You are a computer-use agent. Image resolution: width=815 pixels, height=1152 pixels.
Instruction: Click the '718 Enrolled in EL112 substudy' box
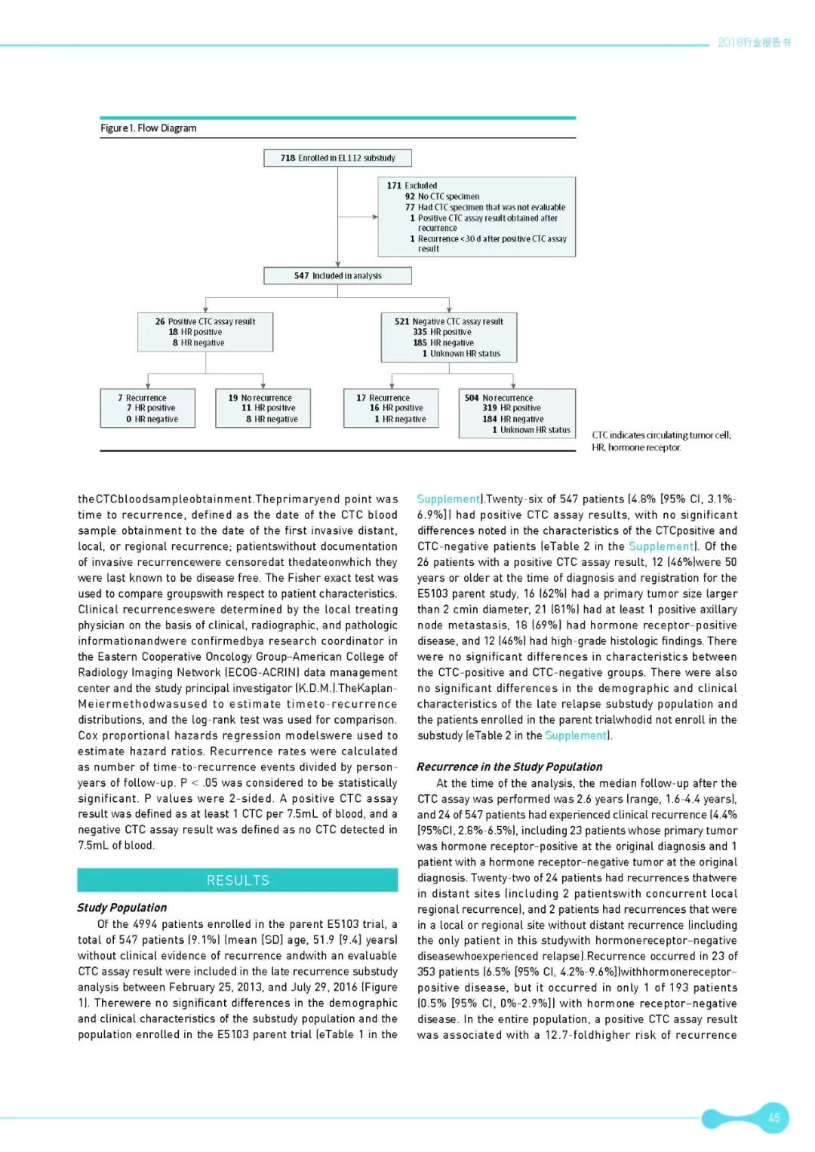(x=337, y=158)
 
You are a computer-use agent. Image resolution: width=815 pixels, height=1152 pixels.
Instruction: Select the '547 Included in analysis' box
(x=337, y=275)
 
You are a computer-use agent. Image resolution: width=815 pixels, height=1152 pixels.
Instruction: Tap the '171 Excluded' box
(x=476, y=217)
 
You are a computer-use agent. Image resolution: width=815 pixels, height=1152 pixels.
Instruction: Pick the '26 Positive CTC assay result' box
(x=205, y=332)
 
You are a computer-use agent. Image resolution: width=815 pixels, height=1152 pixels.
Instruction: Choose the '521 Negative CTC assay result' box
(x=448, y=337)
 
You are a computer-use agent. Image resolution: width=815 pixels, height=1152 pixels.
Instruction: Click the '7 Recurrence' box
(x=148, y=408)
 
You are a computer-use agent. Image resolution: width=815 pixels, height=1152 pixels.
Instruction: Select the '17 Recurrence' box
(x=391, y=408)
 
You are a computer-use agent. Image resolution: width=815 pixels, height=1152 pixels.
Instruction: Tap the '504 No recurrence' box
(x=517, y=413)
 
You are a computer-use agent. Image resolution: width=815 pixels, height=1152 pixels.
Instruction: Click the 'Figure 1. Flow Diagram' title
(x=149, y=128)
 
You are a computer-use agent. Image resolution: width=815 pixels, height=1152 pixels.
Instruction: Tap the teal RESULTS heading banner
(x=238, y=880)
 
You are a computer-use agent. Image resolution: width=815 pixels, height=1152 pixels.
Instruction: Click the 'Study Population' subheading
(x=122, y=908)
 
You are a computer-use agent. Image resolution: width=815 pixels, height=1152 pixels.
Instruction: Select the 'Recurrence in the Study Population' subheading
(x=509, y=766)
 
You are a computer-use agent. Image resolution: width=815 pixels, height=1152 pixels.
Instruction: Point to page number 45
(x=773, y=1117)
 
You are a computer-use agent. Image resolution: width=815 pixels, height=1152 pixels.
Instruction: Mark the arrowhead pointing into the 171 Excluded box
(x=374, y=217)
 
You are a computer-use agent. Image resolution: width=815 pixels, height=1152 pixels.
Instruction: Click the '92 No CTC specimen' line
(x=442, y=196)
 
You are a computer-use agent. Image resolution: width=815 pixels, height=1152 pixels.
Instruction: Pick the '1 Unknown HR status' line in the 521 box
(x=461, y=353)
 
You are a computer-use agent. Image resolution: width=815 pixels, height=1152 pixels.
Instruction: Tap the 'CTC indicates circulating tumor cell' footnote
(x=661, y=435)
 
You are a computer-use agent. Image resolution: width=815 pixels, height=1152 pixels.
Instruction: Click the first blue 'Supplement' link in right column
(x=448, y=499)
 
